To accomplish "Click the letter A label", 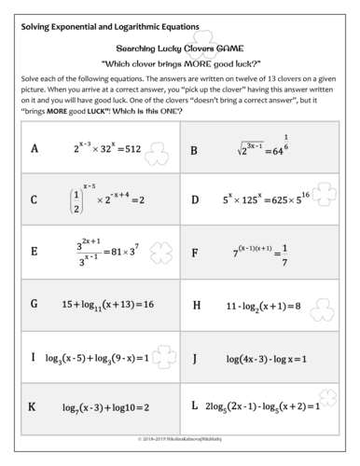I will coord(34,148).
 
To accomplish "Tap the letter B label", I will coord(194,149).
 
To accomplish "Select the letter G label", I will coord(34,304).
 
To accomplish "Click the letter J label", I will coord(194,356).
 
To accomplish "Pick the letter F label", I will coord(194,252).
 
